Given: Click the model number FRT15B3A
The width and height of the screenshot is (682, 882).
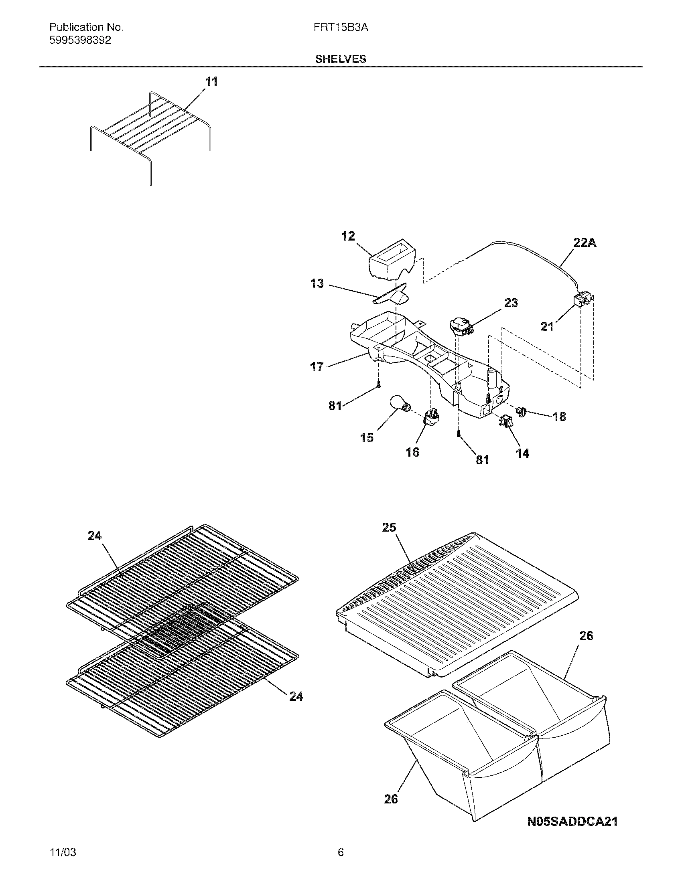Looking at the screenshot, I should coord(341,27).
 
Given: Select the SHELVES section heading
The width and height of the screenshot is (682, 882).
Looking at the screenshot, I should coord(341,59).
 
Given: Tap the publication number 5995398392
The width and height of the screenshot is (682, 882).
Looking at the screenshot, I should coord(80,40).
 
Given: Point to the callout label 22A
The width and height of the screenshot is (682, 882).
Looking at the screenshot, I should coord(585,243).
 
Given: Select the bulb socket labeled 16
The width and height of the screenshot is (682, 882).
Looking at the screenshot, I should coord(431,416).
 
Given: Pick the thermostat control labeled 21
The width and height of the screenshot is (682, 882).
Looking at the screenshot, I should coord(582,300).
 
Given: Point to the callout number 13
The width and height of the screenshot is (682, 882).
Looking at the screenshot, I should coord(317,283).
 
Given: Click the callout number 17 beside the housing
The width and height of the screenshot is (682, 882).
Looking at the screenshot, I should coord(317,367).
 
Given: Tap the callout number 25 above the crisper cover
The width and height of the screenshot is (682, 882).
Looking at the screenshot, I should coord(389,528).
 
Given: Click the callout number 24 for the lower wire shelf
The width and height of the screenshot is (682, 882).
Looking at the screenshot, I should coord(296,696).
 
